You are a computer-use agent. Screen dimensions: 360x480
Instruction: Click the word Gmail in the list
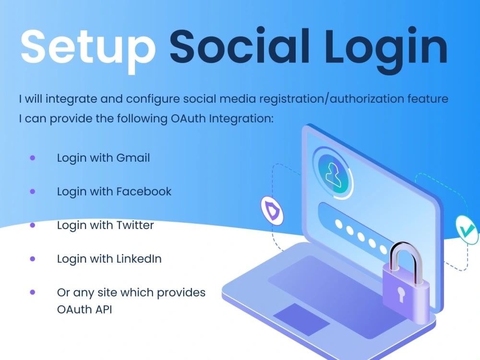pos(133,157)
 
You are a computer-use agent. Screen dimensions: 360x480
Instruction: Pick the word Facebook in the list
pos(144,191)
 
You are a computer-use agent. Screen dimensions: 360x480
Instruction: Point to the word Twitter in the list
pos(135,225)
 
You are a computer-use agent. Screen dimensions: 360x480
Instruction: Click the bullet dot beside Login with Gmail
pos(33,157)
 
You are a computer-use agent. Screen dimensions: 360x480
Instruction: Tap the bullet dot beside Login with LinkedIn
pos(33,258)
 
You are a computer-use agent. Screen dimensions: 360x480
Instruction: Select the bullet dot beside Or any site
pos(33,292)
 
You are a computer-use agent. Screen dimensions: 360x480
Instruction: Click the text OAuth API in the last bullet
pos(84,309)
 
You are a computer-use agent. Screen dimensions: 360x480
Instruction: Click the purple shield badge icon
pos(272,210)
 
